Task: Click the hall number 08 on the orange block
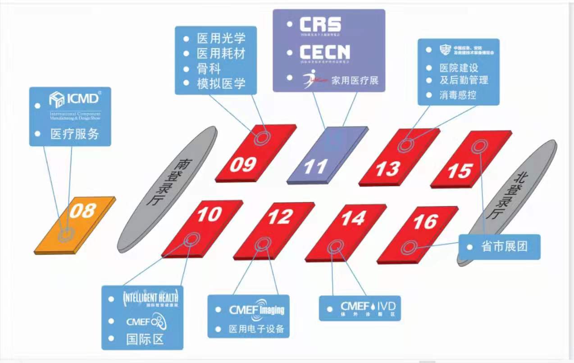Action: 83,210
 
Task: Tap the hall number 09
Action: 243,165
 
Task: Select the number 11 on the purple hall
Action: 315,167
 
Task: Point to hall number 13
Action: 387,169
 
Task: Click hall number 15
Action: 459,171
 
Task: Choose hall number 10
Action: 209,214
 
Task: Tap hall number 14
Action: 353,218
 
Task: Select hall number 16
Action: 425,221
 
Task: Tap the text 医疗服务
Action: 74,134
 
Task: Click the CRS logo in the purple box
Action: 320,25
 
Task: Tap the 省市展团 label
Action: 504,247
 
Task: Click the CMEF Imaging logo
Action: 256,310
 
